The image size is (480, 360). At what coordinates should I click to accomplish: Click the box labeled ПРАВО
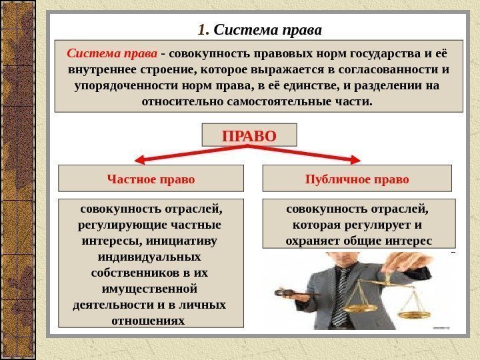(248, 136)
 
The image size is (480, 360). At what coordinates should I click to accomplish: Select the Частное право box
(151, 179)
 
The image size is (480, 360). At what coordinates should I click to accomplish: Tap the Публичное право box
(357, 179)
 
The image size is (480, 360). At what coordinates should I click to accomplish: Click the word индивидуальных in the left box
(149, 256)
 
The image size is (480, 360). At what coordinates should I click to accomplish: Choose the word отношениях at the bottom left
(149, 321)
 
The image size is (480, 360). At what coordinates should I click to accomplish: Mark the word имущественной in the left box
(149, 289)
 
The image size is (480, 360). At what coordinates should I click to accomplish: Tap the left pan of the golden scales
(360, 309)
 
